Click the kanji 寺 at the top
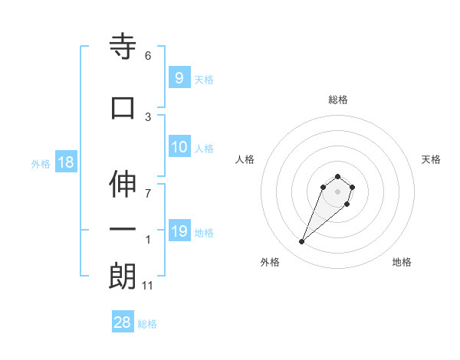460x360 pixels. pyautogui.click(x=123, y=47)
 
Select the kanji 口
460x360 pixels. pyautogui.click(x=123, y=107)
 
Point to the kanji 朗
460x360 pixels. pyautogui.click(x=123, y=275)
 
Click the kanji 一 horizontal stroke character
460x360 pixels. pyautogui.click(x=123, y=230)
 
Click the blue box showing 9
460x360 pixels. pyautogui.click(x=179, y=78)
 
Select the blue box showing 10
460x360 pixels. pyautogui.click(x=179, y=147)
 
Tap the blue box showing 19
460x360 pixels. pyautogui.click(x=179, y=231)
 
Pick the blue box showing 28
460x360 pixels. pyautogui.click(x=123, y=322)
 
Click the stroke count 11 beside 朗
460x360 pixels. pyautogui.click(x=149, y=286)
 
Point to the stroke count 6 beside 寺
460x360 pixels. pyautogui.click(x=148, y=56)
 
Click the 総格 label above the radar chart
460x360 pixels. pyautogui.click(x=338, y=100)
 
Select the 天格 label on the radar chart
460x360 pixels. pyautogui.click(x=432, y=159)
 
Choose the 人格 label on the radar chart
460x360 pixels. pyautogui.click(x=245, y=159)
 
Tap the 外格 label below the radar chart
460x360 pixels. pyautogui.click(x=270, y=262)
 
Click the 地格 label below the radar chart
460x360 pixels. pyautogui.click(x=402, y=262)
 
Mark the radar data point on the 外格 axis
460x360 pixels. pyautogui.click(x=302, y=242)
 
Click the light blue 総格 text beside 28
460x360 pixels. pyautogui.click(x=147, y=324)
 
